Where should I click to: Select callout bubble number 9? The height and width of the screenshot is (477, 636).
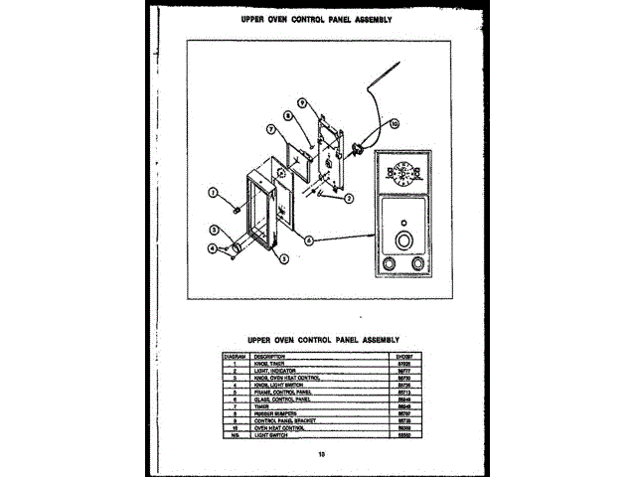pyautogui.click(x=301, y=103)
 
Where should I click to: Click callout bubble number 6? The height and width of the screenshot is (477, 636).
pyautogui.click(x=310, y=239)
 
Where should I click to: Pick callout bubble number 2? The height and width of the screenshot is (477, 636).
pyautogui.click(x=349, y=197)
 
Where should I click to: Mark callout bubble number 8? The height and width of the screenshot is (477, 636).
pyautogui.click(x=286, y=115)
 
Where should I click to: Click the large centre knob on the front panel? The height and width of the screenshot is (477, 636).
pyautogui.click(x=403, y=241)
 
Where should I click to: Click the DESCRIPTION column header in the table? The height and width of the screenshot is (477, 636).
pyautogui.click(x=269, y=356)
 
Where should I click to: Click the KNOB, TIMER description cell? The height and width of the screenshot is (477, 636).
pyautogui.click(x=269, y=364)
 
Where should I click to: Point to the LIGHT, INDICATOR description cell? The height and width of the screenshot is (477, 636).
pyautogui.click(x=273, y=371)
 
